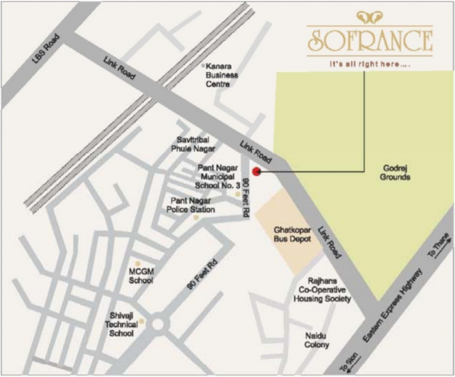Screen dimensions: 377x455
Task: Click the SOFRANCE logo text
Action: (x=369, y=39)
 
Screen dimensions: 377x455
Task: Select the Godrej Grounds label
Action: (x=394, y=172)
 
